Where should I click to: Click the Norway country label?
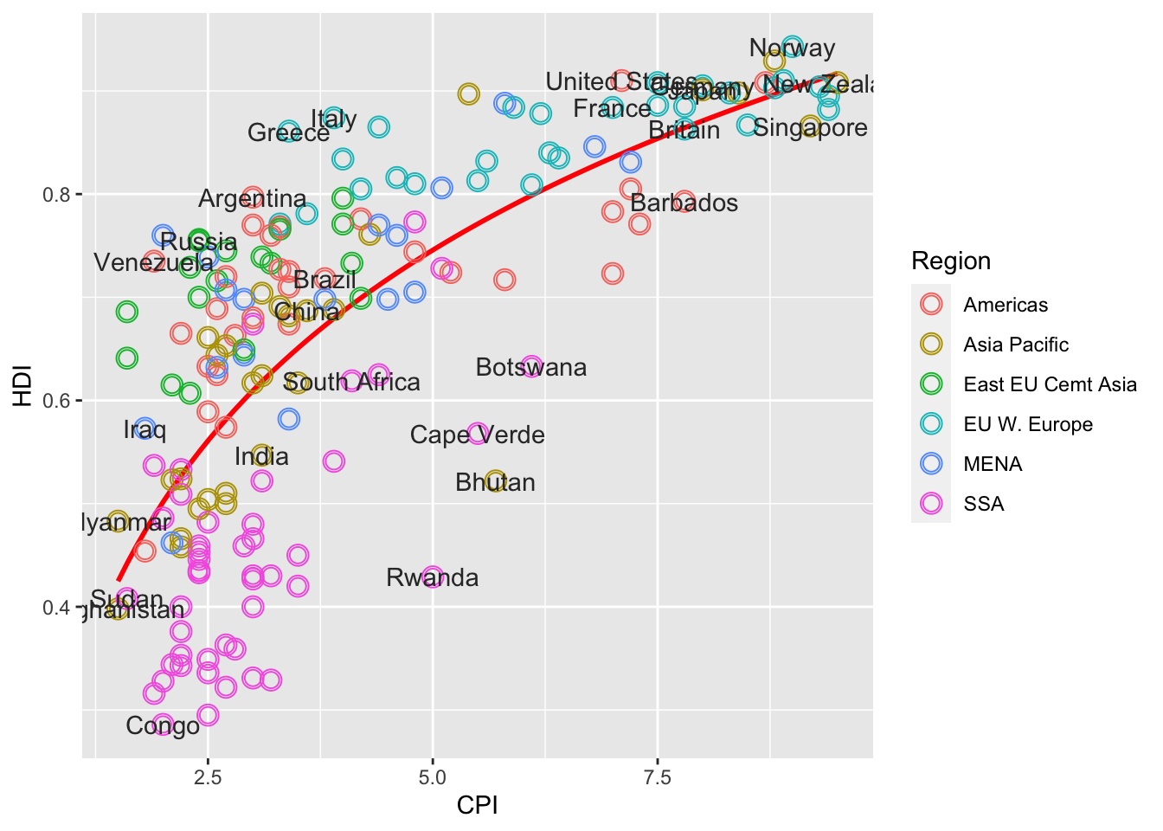792,48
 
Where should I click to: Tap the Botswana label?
531,368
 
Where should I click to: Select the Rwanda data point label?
432,578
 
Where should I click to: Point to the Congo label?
163,726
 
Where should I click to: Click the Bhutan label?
495,483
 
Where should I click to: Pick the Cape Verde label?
477,435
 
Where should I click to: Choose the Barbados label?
684,203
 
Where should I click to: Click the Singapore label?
810,128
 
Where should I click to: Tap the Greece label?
288,133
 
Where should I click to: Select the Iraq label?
145,430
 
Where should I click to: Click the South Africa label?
351,383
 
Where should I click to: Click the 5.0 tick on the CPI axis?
433,777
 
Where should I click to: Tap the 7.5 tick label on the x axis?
657,777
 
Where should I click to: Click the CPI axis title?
477,806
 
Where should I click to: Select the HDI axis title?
22,385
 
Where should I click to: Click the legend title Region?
951,261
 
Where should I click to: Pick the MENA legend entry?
993,465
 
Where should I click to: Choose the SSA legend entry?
984,505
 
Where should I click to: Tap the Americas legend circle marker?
931,305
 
